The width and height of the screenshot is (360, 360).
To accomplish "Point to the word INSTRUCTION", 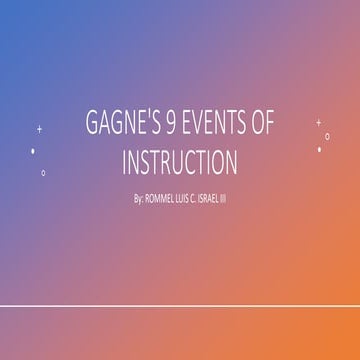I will (x=180, y=162).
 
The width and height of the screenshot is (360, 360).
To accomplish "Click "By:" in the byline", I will (x=138, y=198).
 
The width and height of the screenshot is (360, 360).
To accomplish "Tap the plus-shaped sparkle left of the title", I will (x=39, y=129).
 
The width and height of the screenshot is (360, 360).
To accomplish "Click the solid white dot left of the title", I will (x=33, y=151).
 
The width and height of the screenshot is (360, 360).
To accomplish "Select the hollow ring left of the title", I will (x=43, y=172).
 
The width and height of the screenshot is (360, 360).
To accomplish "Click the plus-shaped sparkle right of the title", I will (x=318, y=122).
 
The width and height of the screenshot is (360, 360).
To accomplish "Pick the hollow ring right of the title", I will (x=327, y=136).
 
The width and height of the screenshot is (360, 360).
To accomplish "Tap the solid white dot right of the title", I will (x=320, y=150).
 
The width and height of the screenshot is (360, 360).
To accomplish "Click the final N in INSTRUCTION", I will (x=231, y=162).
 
